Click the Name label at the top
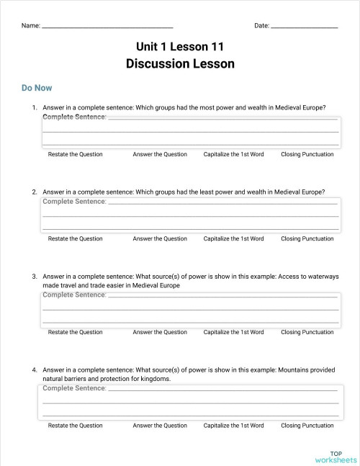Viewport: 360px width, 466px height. (x=30, y=26)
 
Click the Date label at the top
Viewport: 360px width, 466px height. (x=261, y=26)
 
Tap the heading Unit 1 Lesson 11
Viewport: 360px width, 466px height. (x=180, y=47)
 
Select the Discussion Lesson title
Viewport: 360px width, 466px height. (x=180, y=63)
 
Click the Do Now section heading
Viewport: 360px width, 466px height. (x=37, y=88)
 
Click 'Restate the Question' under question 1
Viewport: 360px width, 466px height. (x=75, y=154)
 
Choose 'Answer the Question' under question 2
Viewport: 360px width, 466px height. (x=159, y=238)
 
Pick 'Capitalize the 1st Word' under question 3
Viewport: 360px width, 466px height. (x=233, y=332)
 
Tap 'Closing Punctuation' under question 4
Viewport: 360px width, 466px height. (x=307, y=426)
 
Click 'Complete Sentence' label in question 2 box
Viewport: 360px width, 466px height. (x=74, y=201)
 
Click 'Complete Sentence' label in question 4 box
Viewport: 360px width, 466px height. (x=74, y=388)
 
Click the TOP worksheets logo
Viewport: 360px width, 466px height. (x=336, y=456)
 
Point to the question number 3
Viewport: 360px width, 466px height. (x=34, y=277)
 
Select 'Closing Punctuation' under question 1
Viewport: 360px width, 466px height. (x=307, y=154)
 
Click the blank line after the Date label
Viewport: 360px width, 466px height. (x=305, y=27)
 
